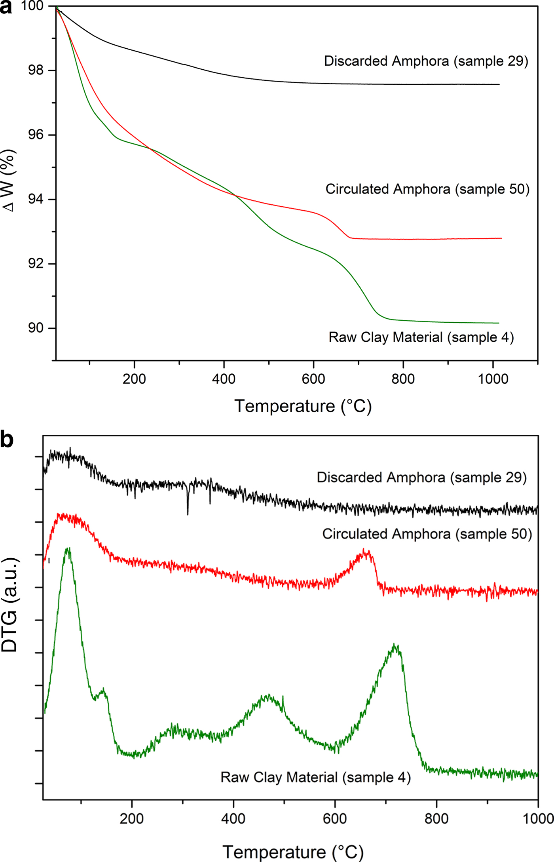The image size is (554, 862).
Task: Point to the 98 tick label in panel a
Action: click(x=35, y=70)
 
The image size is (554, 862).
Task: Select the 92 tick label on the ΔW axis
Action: click(x=35, y=264)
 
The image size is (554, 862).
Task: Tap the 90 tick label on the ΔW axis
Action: click(x=35, y=328)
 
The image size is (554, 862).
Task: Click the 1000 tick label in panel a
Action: click(x=493, y=379)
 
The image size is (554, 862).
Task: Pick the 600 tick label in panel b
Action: click(x=335, y=818)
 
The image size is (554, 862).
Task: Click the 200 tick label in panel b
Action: click(x=131, y=818)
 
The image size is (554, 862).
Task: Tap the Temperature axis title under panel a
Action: click(x=303, y=406)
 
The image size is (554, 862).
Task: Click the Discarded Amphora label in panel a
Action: click(x=426, y=61)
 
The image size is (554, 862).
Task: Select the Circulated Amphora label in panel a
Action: click(x=427, y=189)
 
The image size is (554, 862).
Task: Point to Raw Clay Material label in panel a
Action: click(x=421, y=337)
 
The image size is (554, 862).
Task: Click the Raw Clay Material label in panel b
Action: click(x=315, y=777)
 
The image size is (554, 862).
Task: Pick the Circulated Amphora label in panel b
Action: click(x=427, y=534)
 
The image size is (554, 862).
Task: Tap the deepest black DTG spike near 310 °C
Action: click(x=188, y=514)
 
